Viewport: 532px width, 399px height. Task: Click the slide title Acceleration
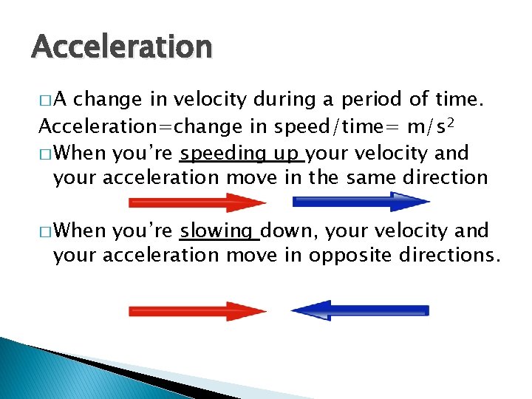point(122,47)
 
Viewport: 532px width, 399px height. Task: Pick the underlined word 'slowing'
point(218,232)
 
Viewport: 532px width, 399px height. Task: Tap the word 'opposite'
point(347,256)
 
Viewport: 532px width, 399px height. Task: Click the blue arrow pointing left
point(360,311)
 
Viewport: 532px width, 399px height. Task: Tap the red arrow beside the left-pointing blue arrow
point(197,311)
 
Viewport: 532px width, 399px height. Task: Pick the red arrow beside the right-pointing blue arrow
point(197,202)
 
